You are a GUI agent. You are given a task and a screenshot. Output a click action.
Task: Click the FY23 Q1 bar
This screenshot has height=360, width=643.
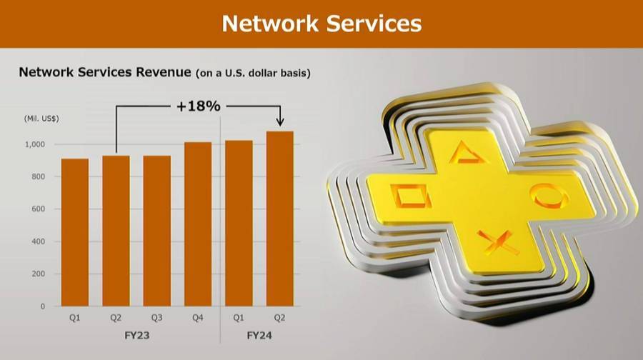75,232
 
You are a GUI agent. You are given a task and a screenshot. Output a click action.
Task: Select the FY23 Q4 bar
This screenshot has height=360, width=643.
198,224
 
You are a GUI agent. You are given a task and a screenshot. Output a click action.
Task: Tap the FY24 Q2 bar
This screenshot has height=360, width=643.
280,219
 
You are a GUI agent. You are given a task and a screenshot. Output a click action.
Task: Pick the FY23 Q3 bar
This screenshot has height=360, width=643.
157,231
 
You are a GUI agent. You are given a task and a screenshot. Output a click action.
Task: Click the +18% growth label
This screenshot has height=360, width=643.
199,106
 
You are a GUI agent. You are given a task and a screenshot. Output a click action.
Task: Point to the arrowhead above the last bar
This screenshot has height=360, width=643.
280,121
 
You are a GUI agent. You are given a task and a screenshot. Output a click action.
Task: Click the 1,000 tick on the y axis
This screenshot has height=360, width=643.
35,144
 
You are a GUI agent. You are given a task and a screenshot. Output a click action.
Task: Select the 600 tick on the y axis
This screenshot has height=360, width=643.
39,209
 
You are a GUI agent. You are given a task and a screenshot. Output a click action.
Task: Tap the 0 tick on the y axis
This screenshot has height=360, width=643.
43,306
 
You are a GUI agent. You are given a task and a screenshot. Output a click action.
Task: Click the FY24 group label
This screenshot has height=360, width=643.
259,336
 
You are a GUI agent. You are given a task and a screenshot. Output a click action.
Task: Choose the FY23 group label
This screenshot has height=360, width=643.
137,336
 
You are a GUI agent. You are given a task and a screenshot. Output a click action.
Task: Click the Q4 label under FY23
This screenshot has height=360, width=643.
198,318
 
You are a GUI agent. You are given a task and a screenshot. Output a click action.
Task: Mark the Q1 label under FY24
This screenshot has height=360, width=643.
239,318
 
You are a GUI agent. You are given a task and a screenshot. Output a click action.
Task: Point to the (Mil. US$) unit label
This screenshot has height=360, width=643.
41,119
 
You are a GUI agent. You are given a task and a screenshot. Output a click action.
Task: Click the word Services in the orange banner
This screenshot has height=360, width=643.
374,24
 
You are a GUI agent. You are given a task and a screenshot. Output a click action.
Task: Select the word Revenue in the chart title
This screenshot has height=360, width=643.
163,72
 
